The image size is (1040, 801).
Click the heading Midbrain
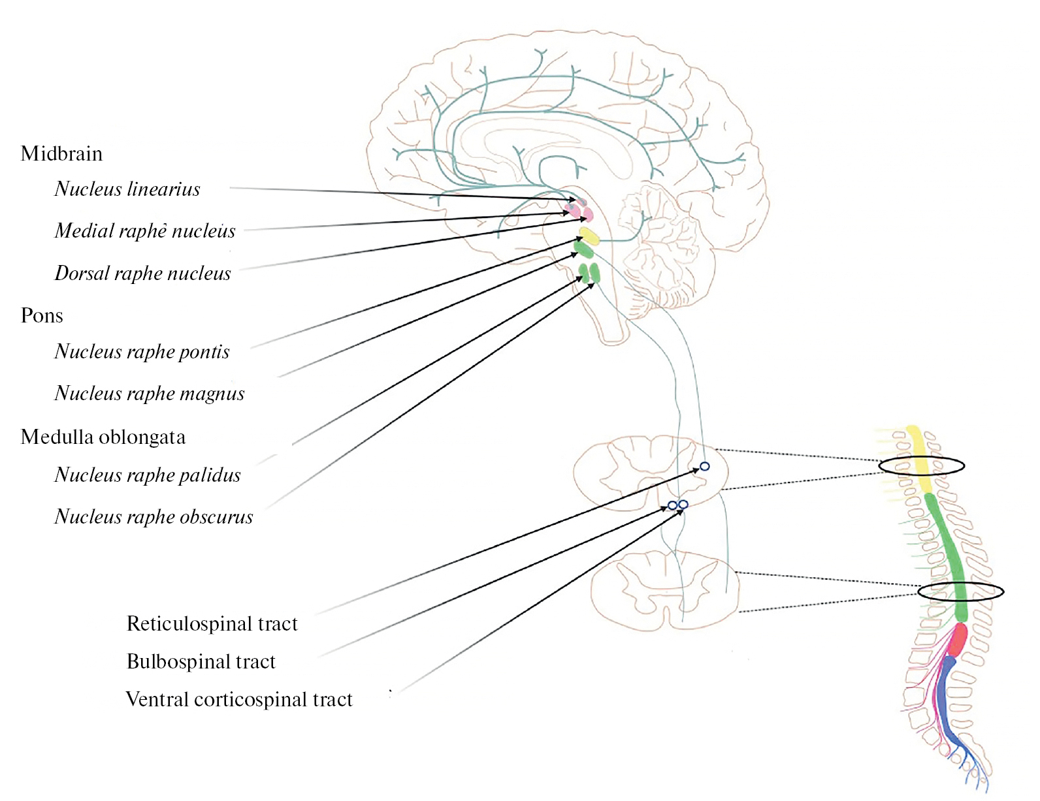(x=61, y=153)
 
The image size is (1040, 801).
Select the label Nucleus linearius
(x=127, y=189)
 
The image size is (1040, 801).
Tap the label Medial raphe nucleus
(x=145, y=230)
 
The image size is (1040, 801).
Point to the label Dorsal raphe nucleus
(x=142, y=273)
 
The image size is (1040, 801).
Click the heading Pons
(x=42, y=315)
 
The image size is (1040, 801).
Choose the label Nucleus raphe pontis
(x=142, y=351)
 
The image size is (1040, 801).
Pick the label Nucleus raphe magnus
(x=150, y=393)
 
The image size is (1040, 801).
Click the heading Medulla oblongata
(x=103, y=437)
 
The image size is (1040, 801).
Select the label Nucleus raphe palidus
(x=148, y=475)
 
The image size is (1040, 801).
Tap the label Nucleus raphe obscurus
(x=154, y=516)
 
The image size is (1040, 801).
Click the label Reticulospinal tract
(x=212, y=623)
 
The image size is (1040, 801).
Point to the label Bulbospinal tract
(x=201, y=661)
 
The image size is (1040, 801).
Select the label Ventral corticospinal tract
(x=238, y=699)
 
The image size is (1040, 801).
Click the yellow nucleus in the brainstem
(x=589, y=236)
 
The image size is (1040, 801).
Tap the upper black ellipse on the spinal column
(x=921, y=465)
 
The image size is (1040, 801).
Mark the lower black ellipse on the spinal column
(x=960, y=592)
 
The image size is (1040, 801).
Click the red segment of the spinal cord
(x=958, y=640)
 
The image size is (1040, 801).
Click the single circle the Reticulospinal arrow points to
(x=704, y=467)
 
